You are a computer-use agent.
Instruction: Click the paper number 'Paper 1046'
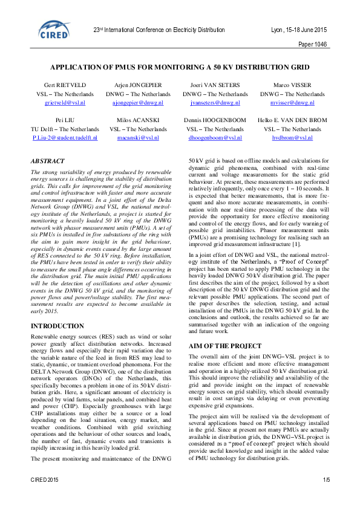(313, 45)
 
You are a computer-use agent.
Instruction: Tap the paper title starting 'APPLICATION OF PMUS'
(180, 69)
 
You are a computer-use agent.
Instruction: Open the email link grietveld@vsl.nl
(65, 103)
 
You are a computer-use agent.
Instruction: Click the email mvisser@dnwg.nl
(292, 103)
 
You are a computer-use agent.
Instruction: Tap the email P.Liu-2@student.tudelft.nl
(65, 138)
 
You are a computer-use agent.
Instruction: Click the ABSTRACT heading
(48, 161)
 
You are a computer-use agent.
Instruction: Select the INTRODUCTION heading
(57, 326)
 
